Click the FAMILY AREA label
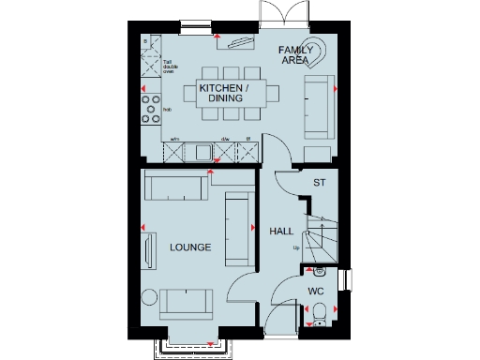(295, 53)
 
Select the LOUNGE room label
(190, 247)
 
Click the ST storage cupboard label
(318, 183)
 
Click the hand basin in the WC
(319, 272)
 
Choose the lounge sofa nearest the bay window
(186, 302)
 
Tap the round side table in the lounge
(148, 298)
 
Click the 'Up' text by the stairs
(296, 248)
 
